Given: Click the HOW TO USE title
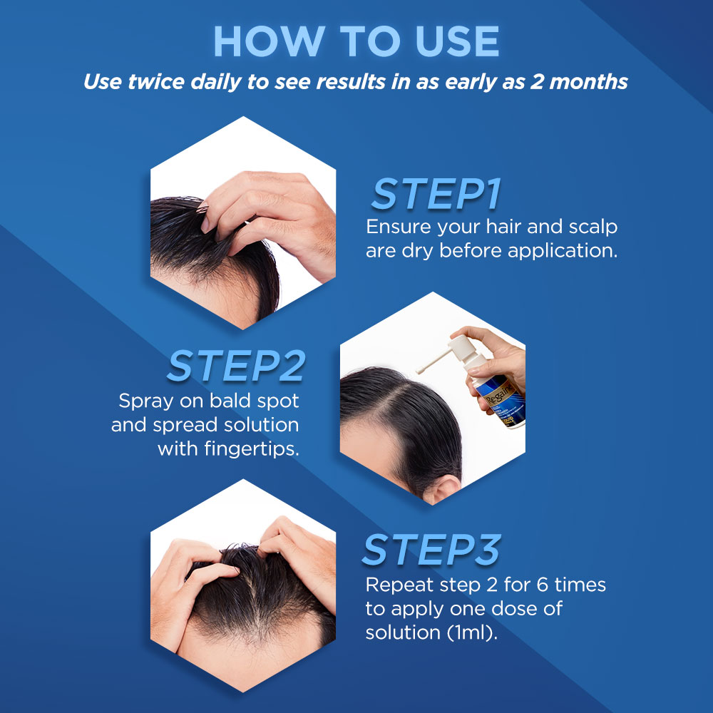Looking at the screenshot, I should click(356, 42).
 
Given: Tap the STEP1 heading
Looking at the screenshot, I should click(436, 194).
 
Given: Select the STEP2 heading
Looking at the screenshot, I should click(236, 366).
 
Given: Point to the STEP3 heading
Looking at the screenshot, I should click(431, 550).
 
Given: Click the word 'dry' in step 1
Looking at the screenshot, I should click(421, 252).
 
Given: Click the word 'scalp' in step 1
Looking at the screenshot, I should click(589, 227).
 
